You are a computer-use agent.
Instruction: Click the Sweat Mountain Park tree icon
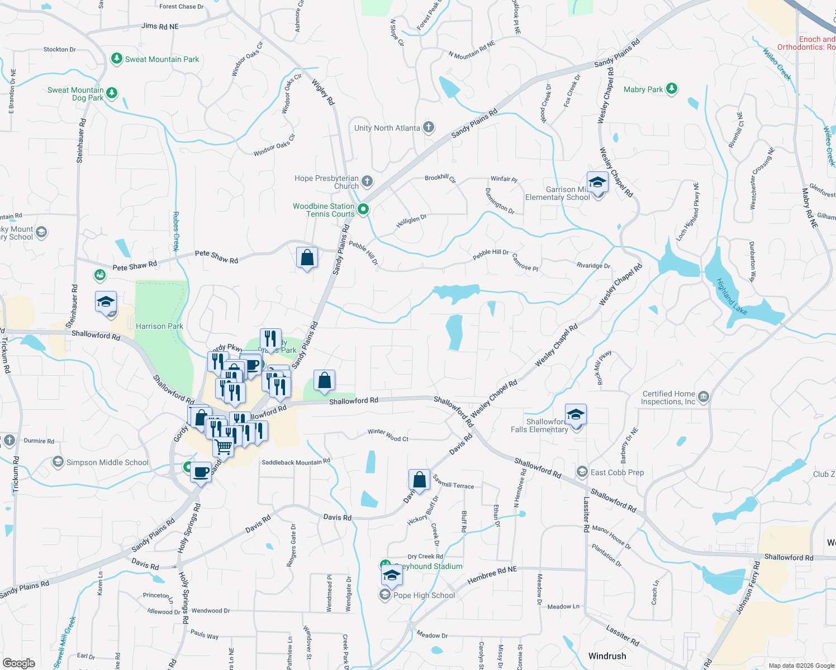pos(116,59)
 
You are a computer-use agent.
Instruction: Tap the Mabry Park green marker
pos(672,89)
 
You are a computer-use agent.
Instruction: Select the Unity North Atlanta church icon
pos(429,128)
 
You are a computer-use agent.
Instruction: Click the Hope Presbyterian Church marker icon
pos(367,181)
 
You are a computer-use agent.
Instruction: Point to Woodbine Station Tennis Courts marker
pos(363,209)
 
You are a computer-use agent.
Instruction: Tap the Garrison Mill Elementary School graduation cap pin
pos(597,183)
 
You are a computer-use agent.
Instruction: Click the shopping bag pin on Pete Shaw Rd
pos(307,257)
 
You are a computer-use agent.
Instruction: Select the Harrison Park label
pos(159,326)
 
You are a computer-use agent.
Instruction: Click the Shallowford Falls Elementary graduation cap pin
pos(576,415)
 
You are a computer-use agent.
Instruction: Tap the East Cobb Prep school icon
pos(582,472)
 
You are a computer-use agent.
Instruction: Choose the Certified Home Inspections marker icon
pos(704,397)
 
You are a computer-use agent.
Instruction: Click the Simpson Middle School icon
pos(58,462)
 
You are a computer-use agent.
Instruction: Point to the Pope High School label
pos(424,595)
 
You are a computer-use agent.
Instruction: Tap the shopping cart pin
pos(224,446)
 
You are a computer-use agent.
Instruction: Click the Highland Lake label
pos(731,296)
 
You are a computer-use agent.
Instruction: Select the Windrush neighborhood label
pos(607,656)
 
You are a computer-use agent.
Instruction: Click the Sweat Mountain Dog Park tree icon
pos(112,93)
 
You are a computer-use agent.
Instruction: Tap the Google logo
pos(19,663)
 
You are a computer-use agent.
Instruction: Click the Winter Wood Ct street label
pos(388,435)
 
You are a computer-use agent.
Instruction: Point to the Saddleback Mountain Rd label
pos(296,462)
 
